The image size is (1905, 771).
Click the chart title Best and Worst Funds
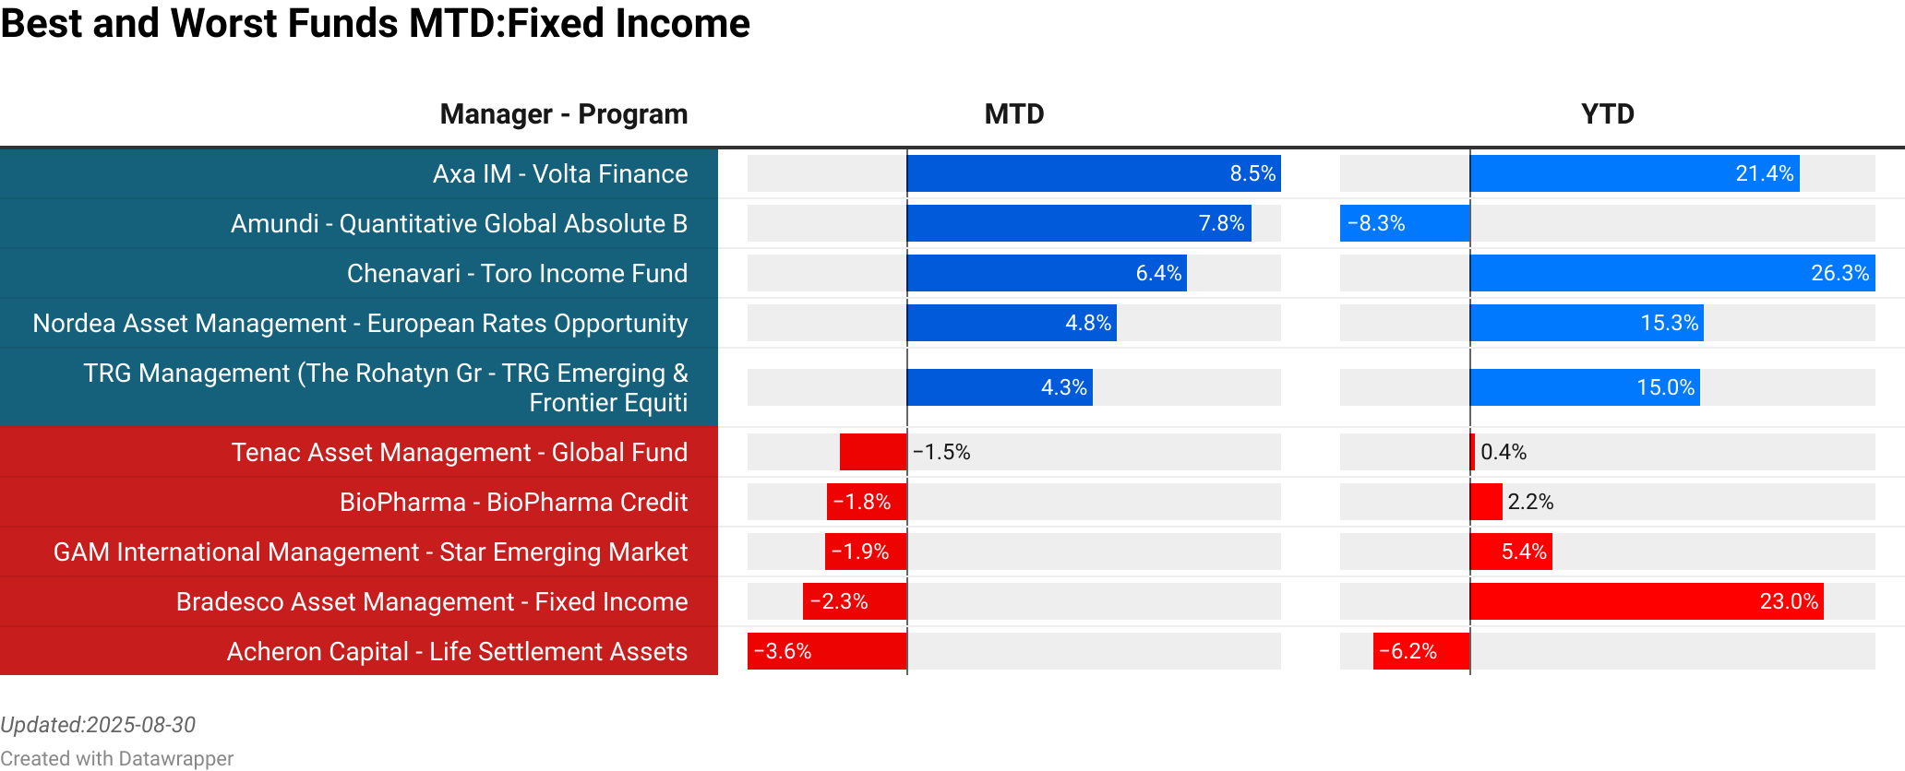pyautogui.click(x=375, y=24)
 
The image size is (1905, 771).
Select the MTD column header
pyautogui.click(x=1013, y=114)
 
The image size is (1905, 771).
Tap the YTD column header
pyautogui.click(x=1607, y=114)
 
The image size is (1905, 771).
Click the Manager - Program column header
pyautogui.click(x=563, y=114)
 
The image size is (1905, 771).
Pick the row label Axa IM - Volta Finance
pyautogui.click(x=560, y=174)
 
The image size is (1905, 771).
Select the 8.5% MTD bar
pyautogui.click(x=1094, y=174)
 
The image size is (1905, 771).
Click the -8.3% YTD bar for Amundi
pyautogui.click(x=1404, y=224)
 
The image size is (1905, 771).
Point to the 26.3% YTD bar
pyautogui.click(x=1671, y=274)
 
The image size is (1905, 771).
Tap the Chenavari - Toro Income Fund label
pyautogui.click(x=517, y=274)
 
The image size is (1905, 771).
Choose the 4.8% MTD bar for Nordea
pyautogui.click(x=1012, y=324)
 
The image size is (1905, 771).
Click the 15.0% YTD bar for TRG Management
pyautogui.click(x=1584, y=388)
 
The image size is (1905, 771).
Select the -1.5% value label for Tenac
pyautogui.click(x=941, y=453)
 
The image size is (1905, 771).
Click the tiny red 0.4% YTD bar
pyautogui.click(x=1472, y=453)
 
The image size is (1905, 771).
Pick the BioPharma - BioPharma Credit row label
pyautogui.click(x=513, y=503)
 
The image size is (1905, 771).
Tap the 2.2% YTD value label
pyautogui.click(x=1530, y=503)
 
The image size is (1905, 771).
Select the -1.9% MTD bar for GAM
pyautogui.click(x=866, y=552)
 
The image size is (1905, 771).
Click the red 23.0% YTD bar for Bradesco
pyautogui.click(x=1646, y=602)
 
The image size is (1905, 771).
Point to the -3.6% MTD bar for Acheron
pyautogui.click(x=827, y=652)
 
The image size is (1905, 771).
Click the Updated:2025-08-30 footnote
pyautogui.click(x=98, y=725)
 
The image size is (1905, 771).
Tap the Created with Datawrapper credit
pyautogui.click(x=116, y=759)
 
